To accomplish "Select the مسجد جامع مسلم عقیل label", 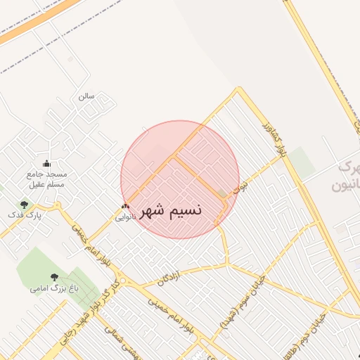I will pyautogui.click(x=46, y=179).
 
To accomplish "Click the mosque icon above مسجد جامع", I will pyautogui.click(x=46, y=164).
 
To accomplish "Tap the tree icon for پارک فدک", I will pyautogui.click(x=25, y=205).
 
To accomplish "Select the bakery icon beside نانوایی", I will pyautogui.click(x=125, y=207).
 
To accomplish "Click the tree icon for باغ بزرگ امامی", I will pyautogui.click(x=55, y=277).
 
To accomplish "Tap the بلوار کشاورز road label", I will pyautogui.click(x=275, y=138).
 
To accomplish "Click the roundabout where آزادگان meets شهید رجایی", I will pyautogui.click(x=123, y=282).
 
